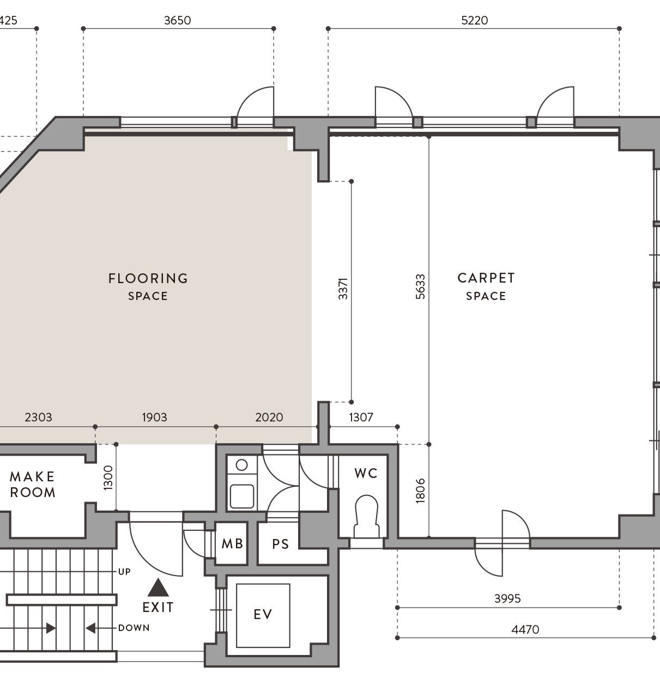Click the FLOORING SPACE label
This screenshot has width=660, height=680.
(x=148, y=287)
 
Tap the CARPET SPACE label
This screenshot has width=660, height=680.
(x=486, y=287)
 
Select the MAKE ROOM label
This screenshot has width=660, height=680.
(x=33, y=485)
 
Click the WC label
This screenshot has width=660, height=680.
(x=366, y=474)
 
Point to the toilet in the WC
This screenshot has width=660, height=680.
(x=366, y=516)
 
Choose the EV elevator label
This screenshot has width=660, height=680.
(x=263, y=614)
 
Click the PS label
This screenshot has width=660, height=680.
(x=281, y=544)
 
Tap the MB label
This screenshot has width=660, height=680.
(x=232, y=544)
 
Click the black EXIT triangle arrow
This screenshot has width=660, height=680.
(x=158, y=587)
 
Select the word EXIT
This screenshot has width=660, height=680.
(x=158, y=608)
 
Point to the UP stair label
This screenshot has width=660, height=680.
(x=124, y=572)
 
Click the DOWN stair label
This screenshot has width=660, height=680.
(x=134, y=628)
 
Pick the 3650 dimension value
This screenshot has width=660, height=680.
(x=178, y=20)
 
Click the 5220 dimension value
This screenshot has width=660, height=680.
(x=475, y=20)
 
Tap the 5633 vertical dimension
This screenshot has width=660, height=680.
(x=420, y=286)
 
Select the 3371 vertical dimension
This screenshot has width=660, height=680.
(x=343, y=289)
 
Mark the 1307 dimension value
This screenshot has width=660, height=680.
(x=361, y=417)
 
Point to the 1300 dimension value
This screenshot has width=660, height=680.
(x=108, y=477)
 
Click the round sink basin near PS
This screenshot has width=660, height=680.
(x=241, y=465)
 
